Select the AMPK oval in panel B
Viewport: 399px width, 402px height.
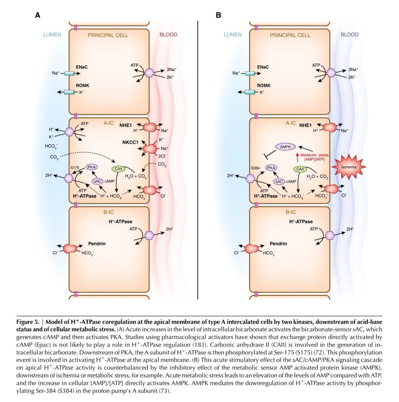click(x=286, y=146)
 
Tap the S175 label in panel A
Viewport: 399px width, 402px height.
click(x=75, y=167)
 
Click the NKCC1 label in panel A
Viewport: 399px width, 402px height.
click(x=130, y=142)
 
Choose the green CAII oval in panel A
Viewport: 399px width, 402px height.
click(x=118, y=169)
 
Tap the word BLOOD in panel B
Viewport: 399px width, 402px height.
click(x=349, y=35)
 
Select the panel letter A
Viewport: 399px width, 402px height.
click(x=38, y=15)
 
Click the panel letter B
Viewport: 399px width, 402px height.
click(x=218, y=15)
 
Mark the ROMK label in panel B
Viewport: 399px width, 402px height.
click(x=264, y=85)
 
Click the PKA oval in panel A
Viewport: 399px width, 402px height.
click(x=91, y=167)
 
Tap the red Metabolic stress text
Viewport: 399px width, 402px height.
click(x=314, y=155)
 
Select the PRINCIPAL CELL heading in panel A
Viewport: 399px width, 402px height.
click(x=108, y=35)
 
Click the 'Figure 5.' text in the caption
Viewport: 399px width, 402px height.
click(x=28, y=322)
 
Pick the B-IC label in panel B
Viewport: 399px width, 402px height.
click(x=291, y=212)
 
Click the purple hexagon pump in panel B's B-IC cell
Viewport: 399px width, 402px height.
click(x=330, y=235)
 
